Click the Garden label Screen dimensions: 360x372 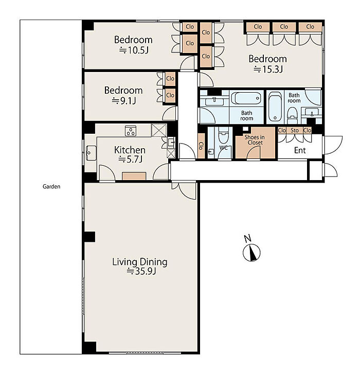pos(51,186)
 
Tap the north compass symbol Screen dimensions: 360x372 pos(251,252)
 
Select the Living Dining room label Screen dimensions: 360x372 pos(140,262)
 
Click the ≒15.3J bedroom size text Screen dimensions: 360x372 pos(268,69)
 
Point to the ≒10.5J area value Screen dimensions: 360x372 pos(134,50)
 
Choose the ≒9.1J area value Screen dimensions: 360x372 pos(123,101)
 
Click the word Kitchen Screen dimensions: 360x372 pos(130,150)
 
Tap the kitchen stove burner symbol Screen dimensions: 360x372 pos(131,131)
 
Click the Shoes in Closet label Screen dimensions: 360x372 pos(255,140)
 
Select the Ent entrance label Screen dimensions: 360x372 pos(300,150)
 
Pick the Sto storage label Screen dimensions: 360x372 pos(295,130)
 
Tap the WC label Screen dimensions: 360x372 pos(223,148)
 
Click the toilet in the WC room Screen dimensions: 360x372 pos(223,135)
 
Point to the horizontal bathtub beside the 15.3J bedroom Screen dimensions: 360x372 pos(246,98)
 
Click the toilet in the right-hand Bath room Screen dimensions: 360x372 pos(292,115)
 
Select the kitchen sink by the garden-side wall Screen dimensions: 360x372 pos(91,153)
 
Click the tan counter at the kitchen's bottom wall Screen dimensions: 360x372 pos(134,176)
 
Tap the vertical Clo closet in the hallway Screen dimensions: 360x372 pos(201,146)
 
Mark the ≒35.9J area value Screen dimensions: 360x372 pos(141,271)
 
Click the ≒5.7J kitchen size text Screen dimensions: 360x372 pos(130,159)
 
